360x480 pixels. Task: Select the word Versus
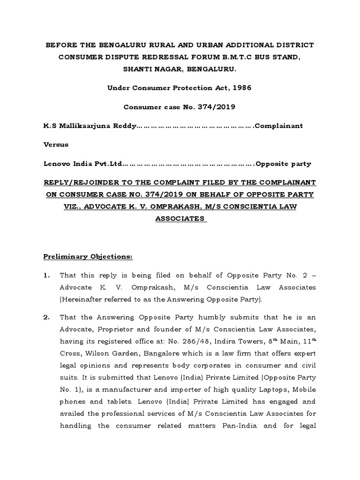(55, 144)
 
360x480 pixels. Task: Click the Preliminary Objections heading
(88, 257)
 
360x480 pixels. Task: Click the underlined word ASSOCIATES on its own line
(180, 218)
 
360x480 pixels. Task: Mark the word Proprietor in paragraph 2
(113, 329)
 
